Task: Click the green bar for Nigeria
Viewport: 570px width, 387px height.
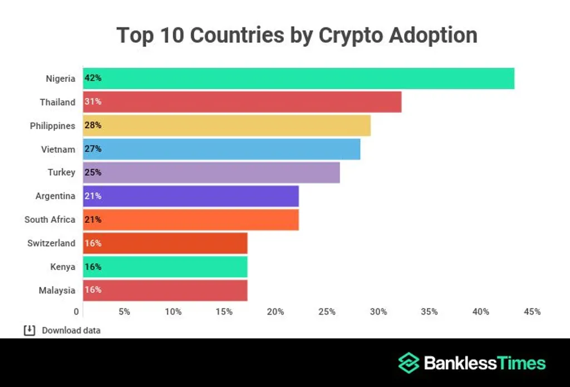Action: pyautogui.click(x=299, y=79)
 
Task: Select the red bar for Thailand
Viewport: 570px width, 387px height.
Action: pyautogui.click(x=242, y=102)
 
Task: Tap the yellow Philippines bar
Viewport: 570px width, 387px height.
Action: pyautogui.click(x=227, y=126)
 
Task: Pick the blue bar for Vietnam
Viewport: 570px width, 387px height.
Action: pyautogui.click(x=222, y=149)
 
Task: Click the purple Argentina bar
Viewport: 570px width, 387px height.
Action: pyautogui.click(x=191, y=196)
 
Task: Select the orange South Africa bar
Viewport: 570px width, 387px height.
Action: pyautogui.click(x=191, y=219)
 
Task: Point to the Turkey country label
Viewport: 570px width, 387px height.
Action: pyautogui.click(x=61, y=173)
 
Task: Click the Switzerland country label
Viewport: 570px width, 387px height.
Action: pyautogui.click(x=51, y=243)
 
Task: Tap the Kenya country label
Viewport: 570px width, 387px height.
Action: pyautogui.click(x=62, y=267)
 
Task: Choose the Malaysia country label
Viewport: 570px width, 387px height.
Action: pyautogui.click(x=57, y=290)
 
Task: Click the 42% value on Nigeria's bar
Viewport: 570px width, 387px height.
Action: pyautogui.click(x=93, y=79)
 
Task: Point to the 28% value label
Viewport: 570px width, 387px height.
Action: pyautogui.click(x=93, y=126)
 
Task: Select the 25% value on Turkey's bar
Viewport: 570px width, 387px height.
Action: pyautogui.click(x=93, y=173)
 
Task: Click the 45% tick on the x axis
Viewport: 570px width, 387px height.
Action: pyautogui.click(x=532, y=312)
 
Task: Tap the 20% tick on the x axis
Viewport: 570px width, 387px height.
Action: pyautogui.click(x=276, y=312)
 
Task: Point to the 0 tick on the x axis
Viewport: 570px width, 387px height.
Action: pyautogui.click(x=77, y=312)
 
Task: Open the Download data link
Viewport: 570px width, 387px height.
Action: pyautogui.click(x=71, y=331)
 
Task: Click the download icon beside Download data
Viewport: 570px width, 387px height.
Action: pyautogui.click(x=29, y=331)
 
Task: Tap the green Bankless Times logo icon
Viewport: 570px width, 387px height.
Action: pyautogui.click(x=409, y=363)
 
